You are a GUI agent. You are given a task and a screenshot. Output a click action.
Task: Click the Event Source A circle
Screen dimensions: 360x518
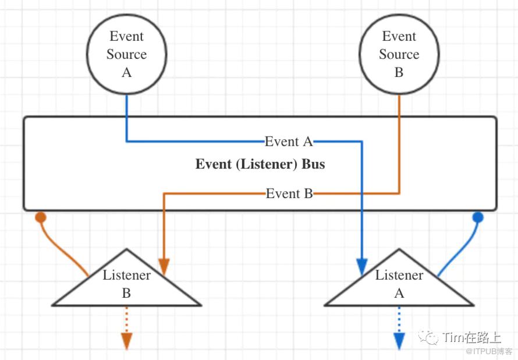pos(126,54)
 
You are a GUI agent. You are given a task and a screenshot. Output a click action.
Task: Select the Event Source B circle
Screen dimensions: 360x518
pos(399,54)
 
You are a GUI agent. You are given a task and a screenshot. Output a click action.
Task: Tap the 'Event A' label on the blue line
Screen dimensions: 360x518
pos(289,142)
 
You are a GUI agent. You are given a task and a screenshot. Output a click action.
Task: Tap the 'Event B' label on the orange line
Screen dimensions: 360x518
pos(289,193)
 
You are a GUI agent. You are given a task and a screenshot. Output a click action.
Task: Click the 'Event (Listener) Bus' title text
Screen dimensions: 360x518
pos(260,164)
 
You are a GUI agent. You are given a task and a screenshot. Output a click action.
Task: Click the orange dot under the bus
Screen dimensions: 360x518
pos(40,217)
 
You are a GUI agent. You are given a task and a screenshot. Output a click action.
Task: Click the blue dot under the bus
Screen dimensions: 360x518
pos(478,217)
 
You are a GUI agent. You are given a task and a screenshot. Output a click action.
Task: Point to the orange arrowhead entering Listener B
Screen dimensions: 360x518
pos(164,267)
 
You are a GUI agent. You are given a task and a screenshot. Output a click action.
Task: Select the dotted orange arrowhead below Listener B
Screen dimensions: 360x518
pos(126,341)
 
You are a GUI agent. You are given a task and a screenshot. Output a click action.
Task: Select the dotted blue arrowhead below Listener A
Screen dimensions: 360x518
pos(399,341)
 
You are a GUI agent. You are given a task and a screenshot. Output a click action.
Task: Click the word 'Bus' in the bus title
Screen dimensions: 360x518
pos(313,164)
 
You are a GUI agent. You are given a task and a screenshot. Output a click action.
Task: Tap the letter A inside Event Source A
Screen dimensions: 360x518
pos(126,73)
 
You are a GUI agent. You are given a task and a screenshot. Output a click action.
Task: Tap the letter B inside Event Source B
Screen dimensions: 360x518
pos(399,73)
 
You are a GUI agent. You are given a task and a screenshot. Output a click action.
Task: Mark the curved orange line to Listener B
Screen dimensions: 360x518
pos(61,248)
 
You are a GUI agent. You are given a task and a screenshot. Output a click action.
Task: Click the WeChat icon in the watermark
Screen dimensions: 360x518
pos(431,338)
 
